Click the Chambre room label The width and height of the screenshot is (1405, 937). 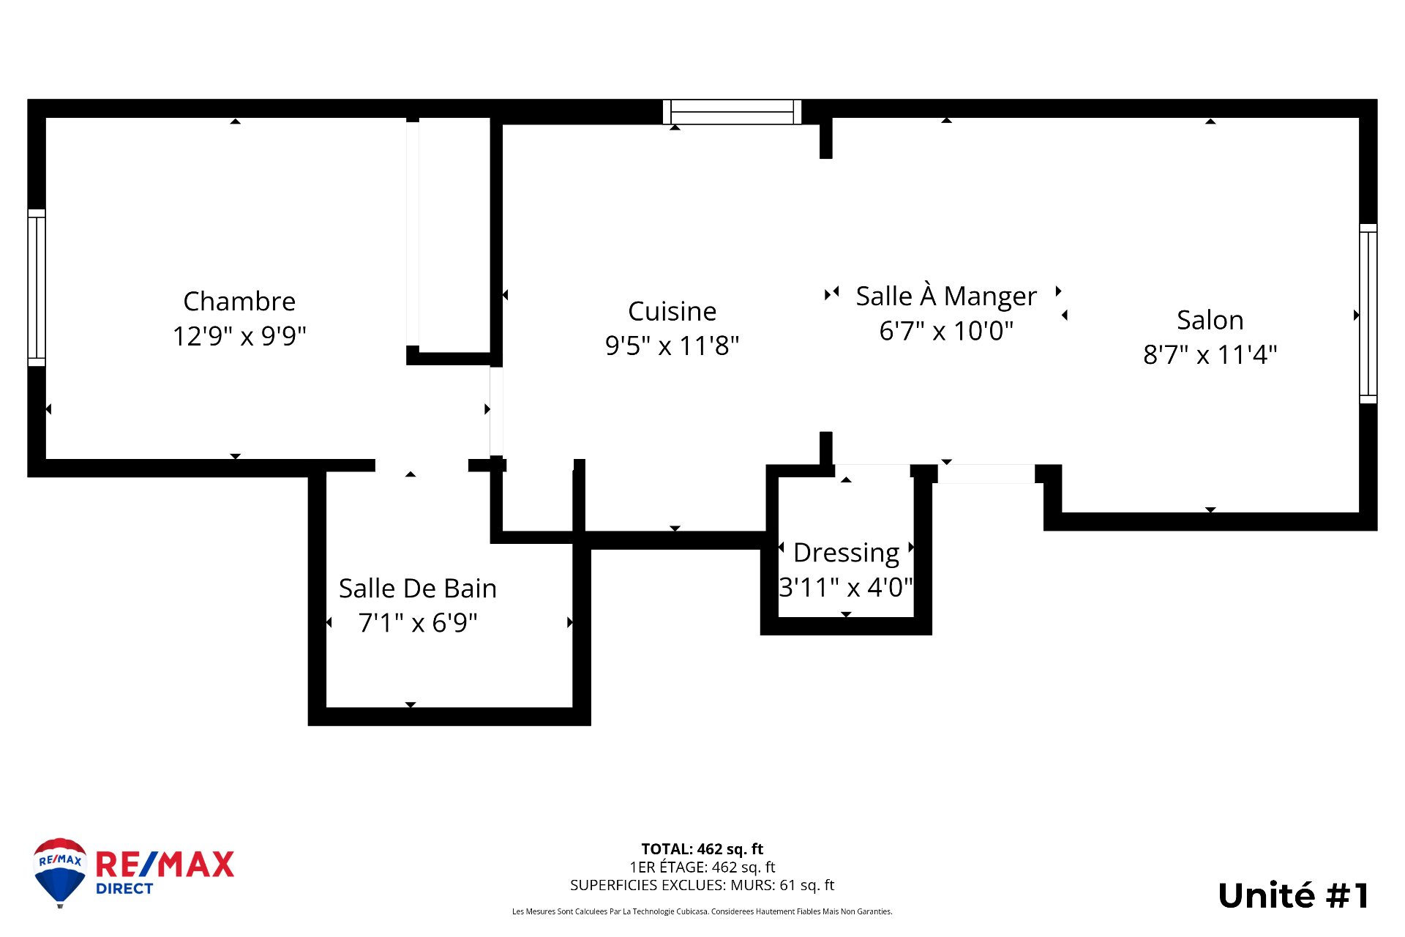[239, 301]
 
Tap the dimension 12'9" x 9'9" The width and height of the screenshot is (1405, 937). [239, 336]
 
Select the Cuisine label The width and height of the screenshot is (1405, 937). [672, 311]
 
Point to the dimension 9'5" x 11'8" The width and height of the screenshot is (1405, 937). [672, 346]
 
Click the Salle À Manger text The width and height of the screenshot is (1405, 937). [946, 296]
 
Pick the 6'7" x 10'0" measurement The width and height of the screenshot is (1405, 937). [946, 331]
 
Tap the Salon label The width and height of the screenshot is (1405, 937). [1210, 320]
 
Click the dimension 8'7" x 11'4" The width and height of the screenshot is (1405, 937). [1210, 355]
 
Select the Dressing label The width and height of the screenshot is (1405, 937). [846, 553]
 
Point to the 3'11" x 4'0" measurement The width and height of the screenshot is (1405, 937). [846, 587]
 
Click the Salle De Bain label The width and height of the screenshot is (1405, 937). [418, 589]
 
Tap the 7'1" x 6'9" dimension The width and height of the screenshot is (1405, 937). [418, 623]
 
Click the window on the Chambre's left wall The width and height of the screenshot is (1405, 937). [37, 288]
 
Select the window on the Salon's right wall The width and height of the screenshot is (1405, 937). [1368, 313]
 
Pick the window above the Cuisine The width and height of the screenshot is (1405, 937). [732, 112]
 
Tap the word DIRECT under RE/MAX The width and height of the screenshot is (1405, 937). [124, 889]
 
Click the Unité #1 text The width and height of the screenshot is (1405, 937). [1293, 896]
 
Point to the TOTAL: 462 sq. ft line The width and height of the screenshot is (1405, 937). [702, 849]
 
